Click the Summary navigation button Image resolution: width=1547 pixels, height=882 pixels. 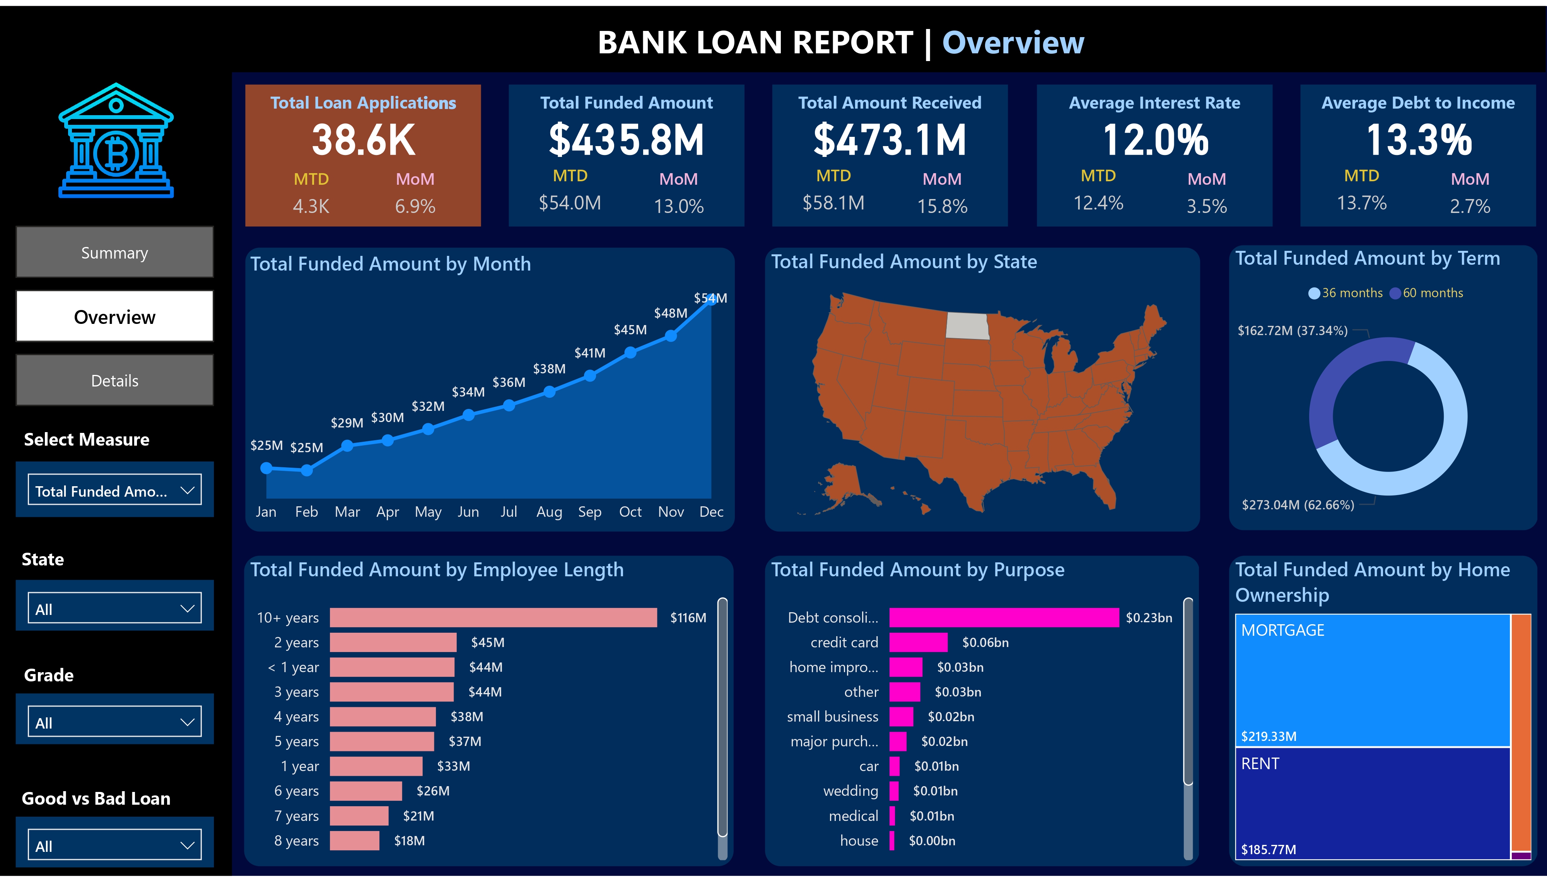click(114, 253)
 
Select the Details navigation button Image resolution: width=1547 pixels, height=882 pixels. click(114, 380)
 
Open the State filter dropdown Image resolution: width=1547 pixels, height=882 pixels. click(114, 608)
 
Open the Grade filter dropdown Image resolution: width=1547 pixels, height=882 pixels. click(114, 722)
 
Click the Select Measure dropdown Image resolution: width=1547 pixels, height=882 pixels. click(114, 490)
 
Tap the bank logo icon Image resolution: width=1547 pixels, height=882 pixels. click(116, 141)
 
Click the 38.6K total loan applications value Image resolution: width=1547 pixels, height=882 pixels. click(363, 140)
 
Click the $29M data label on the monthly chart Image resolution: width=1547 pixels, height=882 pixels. click(347, 423)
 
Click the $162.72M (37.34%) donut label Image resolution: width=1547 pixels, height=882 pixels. click(1292, 331)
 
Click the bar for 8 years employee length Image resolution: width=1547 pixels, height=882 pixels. click(355, 841)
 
